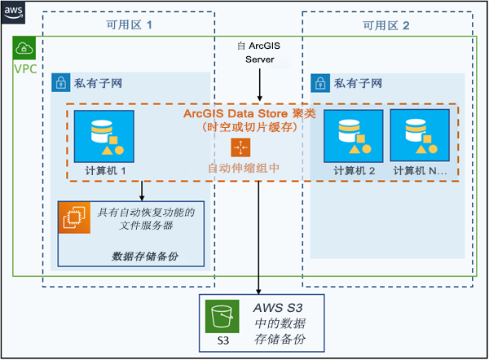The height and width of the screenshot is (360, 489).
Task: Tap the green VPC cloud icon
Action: click(24, 48)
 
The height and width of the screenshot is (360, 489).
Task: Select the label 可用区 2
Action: click(386, 25)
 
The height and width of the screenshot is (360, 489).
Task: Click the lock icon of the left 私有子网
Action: click(59, 82)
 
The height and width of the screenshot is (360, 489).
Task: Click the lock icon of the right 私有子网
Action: click(319, 82)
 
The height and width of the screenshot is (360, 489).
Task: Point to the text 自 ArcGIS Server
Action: click(259, 53)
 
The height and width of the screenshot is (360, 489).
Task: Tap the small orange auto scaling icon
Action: click(240, 147)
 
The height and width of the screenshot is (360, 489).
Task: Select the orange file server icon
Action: click(73, 217)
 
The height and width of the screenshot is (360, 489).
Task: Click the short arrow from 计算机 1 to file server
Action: click(143, 191)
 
